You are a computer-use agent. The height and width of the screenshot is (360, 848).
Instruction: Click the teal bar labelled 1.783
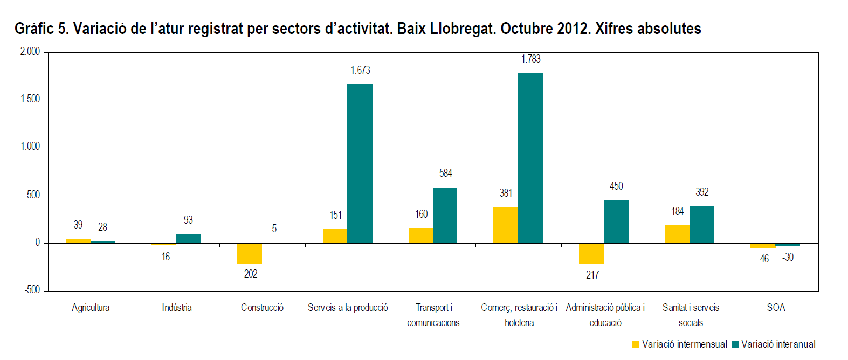click(x=530, y=158)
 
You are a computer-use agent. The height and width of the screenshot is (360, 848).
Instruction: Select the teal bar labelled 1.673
click(x=360, y=163)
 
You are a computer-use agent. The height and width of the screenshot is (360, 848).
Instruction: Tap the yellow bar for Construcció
click(x=250, y=253)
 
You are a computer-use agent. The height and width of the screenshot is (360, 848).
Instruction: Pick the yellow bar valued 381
click(x=505, y=225)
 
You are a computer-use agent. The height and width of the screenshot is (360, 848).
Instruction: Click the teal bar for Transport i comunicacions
click(x=445, y=215)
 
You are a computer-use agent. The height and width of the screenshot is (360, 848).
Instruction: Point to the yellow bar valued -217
click(x=591, y=254)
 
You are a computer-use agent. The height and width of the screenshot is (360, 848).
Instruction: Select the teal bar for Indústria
click(x=188, y=238)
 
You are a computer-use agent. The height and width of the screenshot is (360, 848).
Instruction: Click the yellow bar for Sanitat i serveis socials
click(x=677, y=234)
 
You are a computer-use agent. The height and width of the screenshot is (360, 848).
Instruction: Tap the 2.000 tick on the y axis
click(x=30, y=52)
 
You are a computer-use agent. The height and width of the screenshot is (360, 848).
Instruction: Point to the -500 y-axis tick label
click(x=32, y=290)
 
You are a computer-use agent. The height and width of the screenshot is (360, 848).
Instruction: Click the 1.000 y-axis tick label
click(x=30, y=147)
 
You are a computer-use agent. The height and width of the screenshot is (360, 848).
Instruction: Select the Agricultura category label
click(x=91, y=308)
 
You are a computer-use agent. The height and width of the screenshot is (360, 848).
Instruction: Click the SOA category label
click(x=776, y=308)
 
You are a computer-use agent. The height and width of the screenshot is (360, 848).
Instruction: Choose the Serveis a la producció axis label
click(x=348, y=308)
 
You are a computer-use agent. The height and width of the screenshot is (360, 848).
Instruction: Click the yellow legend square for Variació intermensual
click(x=636, y=344)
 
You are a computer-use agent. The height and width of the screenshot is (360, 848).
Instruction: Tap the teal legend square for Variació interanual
click(x=735, y=344)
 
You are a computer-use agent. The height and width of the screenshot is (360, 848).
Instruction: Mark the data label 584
click(x=445, y=173)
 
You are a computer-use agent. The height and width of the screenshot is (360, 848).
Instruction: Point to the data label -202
click(x=250, y=274)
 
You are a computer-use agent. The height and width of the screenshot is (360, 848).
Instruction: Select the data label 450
click(x=616, y=186)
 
